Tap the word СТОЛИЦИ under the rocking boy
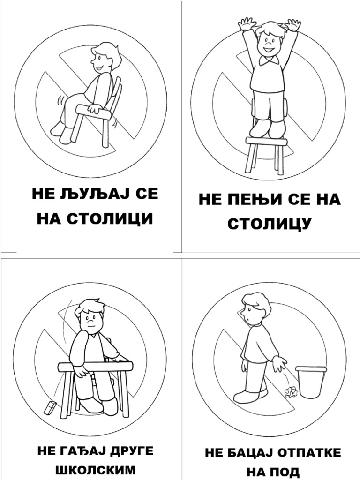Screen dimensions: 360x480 point(110,218)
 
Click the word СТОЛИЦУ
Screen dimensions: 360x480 point(269,224)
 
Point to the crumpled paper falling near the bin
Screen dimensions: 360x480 point(291,392)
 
